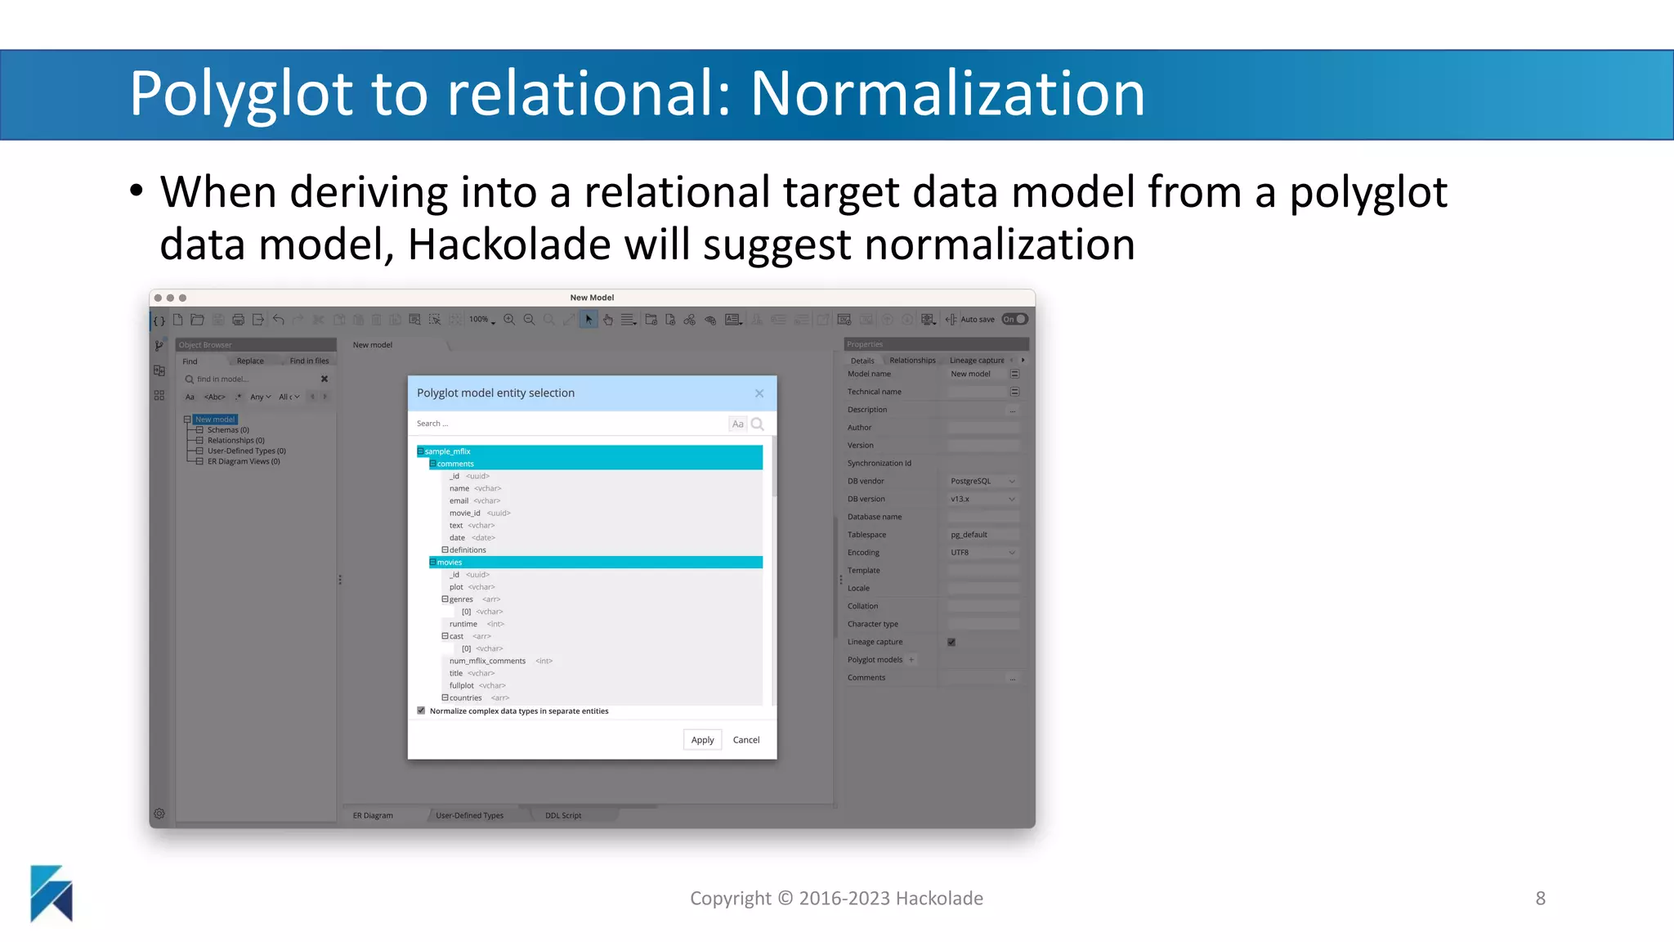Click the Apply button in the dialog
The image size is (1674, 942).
pos(702,740)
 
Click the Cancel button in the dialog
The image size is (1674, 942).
pos(745,740)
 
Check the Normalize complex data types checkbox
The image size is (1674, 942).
pos(422,711)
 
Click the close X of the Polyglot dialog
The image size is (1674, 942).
pos(759,393)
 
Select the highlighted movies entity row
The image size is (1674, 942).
pos(595,563)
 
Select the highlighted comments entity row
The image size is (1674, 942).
pos(595,464)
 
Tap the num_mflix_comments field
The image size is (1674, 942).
pos(487,661)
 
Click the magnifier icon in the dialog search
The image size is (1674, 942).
pos(758,424)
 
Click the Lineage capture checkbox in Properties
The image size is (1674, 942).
pos(951,642)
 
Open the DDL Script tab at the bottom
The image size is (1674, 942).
pos(563,815)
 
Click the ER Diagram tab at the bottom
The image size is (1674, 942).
pos(373,815)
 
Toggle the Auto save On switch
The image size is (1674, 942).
pos(1014,320)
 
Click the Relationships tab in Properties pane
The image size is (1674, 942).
pos(912,361)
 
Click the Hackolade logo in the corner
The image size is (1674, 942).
pos(51,893)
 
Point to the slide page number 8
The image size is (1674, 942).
pos(1540,899)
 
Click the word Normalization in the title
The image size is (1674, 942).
pos(947,94)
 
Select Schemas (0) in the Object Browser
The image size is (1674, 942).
pos(228,430)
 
